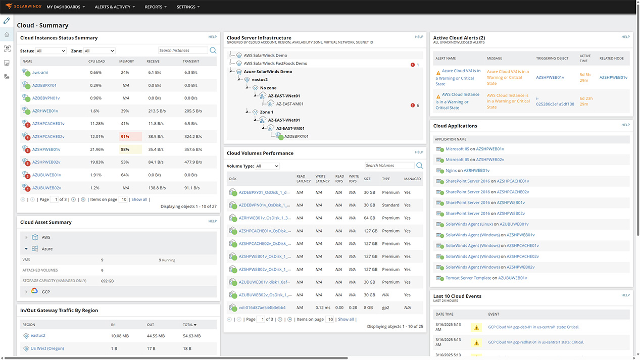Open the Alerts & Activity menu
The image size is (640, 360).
pos(115,7)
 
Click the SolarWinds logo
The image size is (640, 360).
pos(22,7)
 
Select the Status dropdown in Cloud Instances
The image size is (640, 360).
pos(51,51)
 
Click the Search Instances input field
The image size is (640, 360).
pos(183,50)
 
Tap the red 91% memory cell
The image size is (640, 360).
pos(125,136)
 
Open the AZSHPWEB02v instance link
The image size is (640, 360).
pos(46,162)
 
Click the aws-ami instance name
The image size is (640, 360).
pos(40,72)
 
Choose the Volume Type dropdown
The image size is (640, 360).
pos(267,166)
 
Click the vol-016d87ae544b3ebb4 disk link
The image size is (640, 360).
pos(262,307)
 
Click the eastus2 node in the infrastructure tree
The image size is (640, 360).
pos(260,80)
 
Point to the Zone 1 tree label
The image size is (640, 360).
pos(266,112)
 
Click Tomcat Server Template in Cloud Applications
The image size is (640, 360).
pos(468,278)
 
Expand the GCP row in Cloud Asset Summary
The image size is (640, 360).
pos(26,292)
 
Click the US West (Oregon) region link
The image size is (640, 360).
pos(47,348)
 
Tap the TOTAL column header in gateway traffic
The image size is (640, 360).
pos(189,325)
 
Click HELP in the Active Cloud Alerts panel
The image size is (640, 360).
pos(625,37)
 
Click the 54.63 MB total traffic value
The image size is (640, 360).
pos(192,336)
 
